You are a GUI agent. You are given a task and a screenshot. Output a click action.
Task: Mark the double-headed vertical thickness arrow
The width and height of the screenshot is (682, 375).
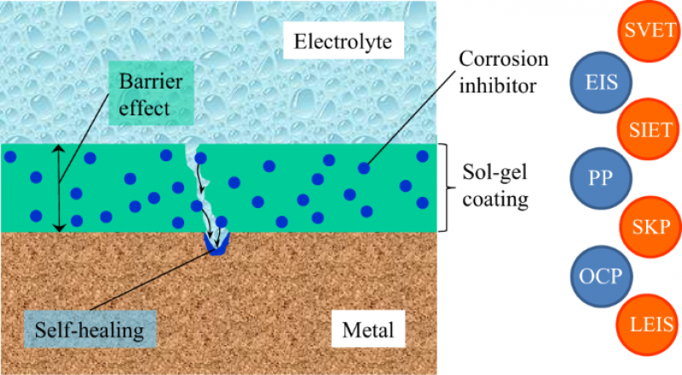click(x=58, y=187)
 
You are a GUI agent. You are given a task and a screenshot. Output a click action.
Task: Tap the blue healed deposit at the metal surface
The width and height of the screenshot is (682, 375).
click(x=216, y=248)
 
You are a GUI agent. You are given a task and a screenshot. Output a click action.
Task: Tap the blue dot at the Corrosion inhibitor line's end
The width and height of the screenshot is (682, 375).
click(x=364, y=168)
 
